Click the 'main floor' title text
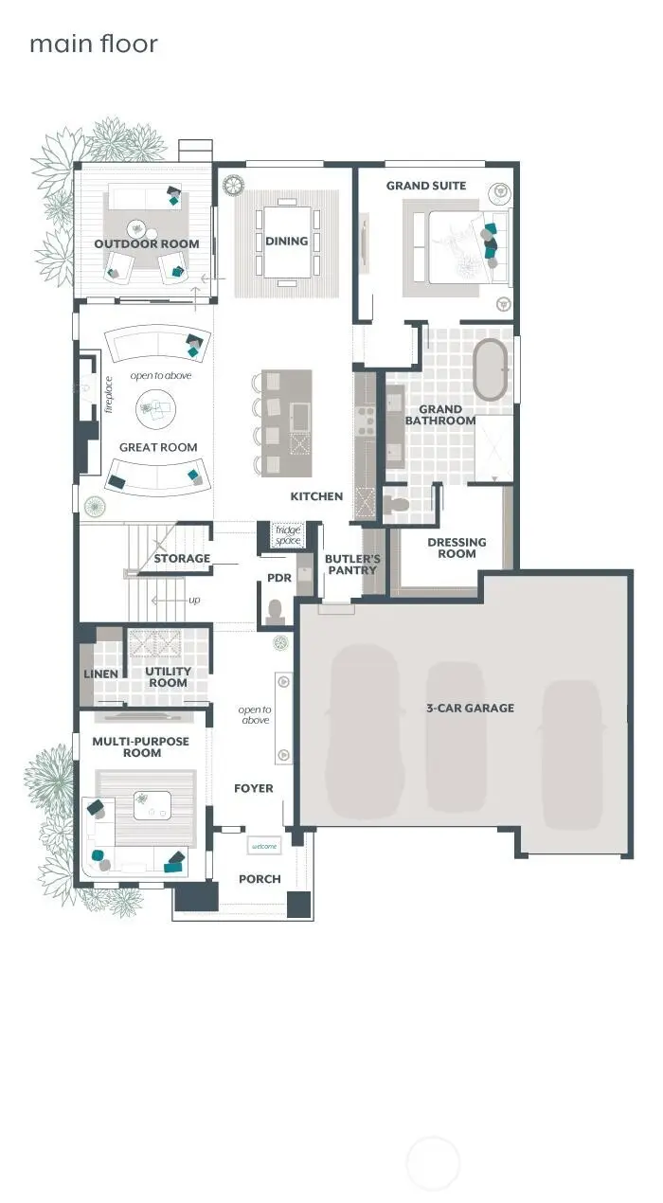(93, 44)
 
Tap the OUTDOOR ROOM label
(147, 244)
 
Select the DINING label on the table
(286, 241)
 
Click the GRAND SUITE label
(426, 186)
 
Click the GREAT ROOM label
(158, 447)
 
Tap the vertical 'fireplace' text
(109, 395)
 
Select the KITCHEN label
(316, 496)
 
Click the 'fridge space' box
(287, 535)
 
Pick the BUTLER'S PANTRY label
(351, 565)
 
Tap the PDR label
(278, 577)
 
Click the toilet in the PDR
(276, 612)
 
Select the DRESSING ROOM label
(457, 548)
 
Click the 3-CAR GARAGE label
(470, 708)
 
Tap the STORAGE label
(182, 559)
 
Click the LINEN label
(101, 674)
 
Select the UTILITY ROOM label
(168, 676)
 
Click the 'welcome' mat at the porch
(263, 846)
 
